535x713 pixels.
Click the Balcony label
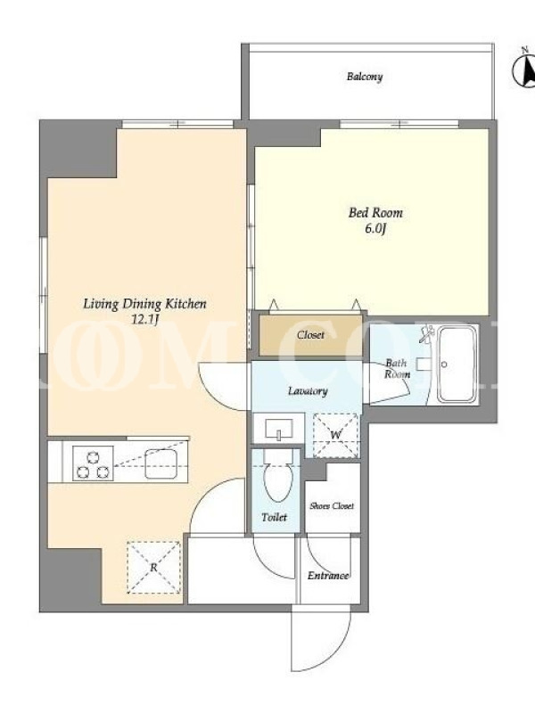point(365,77)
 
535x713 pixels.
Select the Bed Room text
point(375,213)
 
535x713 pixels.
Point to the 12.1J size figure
point(144,320)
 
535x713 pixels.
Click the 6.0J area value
point(375,229)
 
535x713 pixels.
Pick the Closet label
point(310,335)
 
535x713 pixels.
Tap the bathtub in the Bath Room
point(457,365)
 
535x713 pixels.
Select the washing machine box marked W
point(336,435)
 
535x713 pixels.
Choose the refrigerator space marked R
point(153,568)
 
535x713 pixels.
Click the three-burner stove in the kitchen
point(93,463)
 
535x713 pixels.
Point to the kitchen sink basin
point(160,463)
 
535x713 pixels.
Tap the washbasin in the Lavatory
point(278,429)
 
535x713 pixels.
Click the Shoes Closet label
point(332,505)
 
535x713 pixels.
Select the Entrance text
point(328,576)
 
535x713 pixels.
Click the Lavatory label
point(308,391)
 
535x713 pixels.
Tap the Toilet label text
point(275,517)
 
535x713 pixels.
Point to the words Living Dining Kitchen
point(144,304)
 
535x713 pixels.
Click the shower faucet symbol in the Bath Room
point(427,334)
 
